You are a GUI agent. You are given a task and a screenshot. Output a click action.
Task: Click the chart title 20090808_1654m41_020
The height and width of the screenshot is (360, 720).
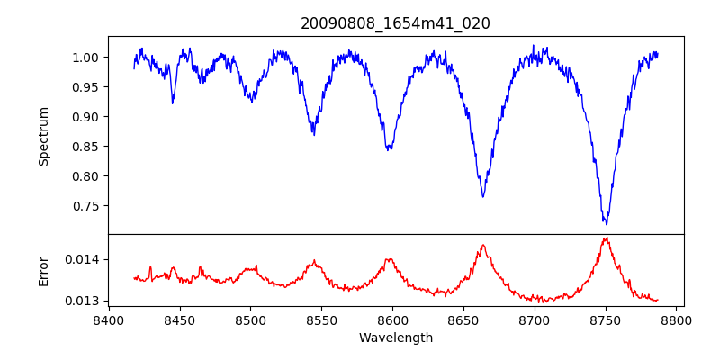click(395, 23)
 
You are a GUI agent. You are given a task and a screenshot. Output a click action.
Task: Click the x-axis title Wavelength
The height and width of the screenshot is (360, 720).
click(395, 338)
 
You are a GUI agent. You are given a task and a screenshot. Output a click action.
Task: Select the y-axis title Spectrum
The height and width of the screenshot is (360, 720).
click(43, 136)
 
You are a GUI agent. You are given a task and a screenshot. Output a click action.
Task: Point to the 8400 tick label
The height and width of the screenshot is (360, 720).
click(108, 319)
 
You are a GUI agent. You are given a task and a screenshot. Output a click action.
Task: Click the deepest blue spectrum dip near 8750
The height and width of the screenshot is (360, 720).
click(607, 224)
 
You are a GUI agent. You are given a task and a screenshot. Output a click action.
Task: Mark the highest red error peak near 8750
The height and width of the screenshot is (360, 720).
click(606, 238)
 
